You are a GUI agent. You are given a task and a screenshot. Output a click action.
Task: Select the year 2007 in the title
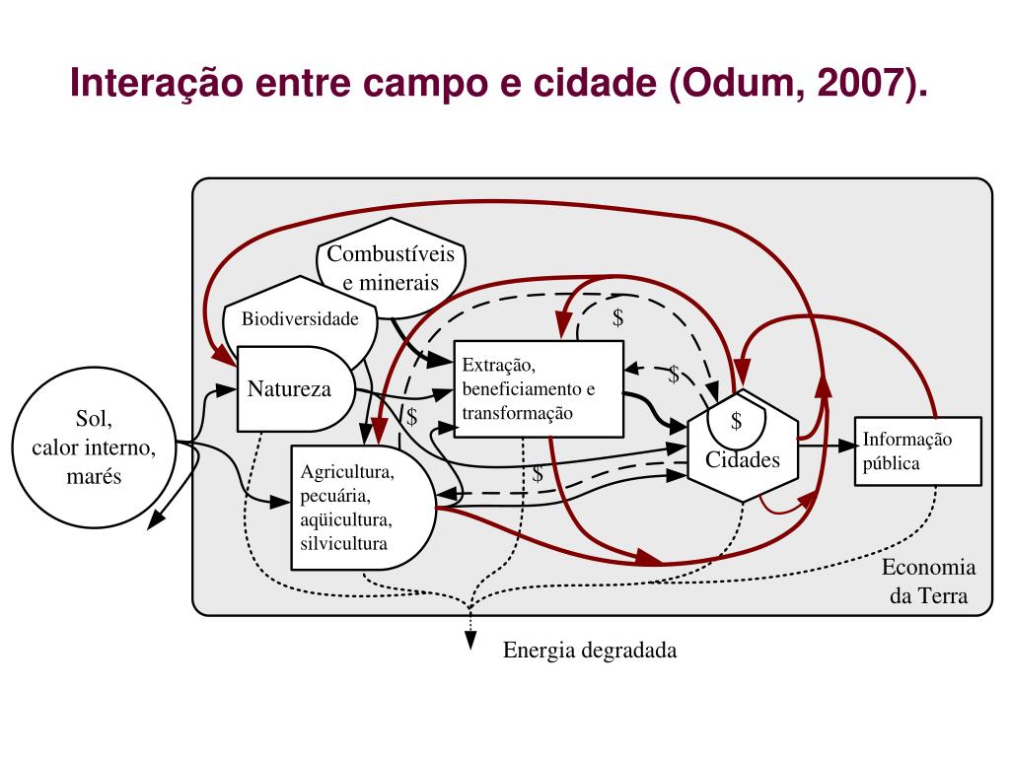tap(857, 86)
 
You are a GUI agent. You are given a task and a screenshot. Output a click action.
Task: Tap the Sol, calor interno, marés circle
tap(94, 447)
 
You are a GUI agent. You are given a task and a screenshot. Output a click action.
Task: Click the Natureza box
tap(288, 388)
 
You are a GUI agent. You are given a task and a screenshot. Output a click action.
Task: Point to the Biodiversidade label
tap(300, 318)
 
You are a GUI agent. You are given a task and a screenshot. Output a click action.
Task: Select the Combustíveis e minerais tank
tap(391, 268)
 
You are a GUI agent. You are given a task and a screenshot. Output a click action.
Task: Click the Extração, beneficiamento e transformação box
tap(538, 388)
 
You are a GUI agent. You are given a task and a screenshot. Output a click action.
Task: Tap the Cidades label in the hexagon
tap(742, 459)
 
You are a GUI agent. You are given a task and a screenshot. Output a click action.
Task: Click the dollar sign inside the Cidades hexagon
tap(736, 422)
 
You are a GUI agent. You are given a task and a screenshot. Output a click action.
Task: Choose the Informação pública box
tap(917, 451)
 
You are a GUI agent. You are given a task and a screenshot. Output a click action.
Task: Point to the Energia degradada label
tap(590, 651)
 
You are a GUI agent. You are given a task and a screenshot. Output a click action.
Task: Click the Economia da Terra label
tap(928, 582)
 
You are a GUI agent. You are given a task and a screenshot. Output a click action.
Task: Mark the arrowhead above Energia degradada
tap(471, 643)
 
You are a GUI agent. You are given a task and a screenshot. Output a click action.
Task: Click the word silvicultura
tap(344, 543)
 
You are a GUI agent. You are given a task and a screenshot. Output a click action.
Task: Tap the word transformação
tap(517, 413)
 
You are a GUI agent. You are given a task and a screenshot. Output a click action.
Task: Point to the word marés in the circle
tap(94, 476)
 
